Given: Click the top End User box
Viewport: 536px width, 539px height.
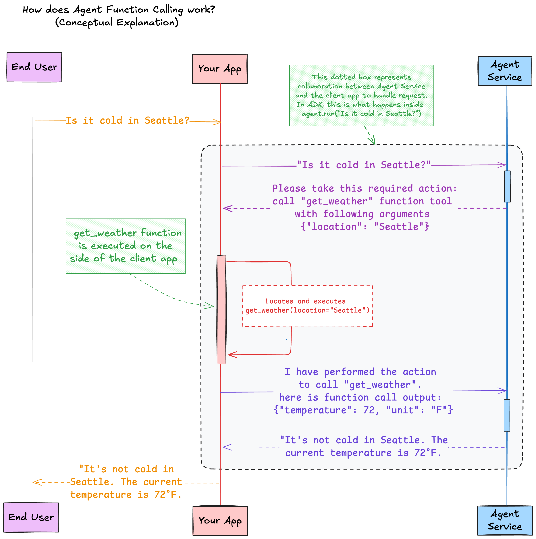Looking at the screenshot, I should (x=34, y=67).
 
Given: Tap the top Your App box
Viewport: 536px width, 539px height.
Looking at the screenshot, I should (x=220, y=69).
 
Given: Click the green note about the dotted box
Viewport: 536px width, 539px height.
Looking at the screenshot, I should (x=361, y=95).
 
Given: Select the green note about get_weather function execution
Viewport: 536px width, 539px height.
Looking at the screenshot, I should (x=126, y=246).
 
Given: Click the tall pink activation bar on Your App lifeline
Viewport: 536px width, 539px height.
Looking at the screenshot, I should (x=221, y=310).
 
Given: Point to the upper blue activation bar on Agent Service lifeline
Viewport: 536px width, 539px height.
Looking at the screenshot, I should (x=507, y=186).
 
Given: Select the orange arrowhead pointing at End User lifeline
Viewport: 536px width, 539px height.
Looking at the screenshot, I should (x=36, y=482).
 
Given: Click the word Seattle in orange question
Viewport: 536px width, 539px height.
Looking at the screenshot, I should (x=167, y=120).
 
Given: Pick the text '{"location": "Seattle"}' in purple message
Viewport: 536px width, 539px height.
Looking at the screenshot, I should (x=365, y=227).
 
